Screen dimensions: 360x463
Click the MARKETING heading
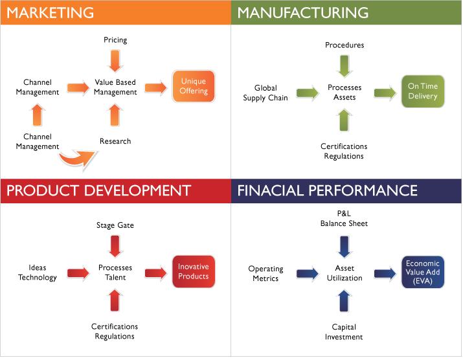coord(51,12)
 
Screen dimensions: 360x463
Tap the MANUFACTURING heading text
coord(303,12)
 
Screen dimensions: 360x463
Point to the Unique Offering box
coord(194,87)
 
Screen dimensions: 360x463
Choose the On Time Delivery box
coord(423,91)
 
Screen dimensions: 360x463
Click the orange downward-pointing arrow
coord(115,60)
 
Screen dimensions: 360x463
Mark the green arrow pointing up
coord(344,119)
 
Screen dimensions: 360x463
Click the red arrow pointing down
coord(115,246)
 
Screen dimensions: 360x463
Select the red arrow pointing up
coord(115,300)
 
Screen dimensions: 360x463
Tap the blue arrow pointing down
coord(344,246)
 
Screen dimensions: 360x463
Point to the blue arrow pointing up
coord(344,300)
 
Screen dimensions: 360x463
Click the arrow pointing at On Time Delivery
coord(385,93)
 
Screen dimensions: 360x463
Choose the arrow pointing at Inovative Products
coord(155,273)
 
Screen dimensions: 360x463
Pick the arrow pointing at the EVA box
coord(385,273)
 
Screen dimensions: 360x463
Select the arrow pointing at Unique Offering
coord(155,88)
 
